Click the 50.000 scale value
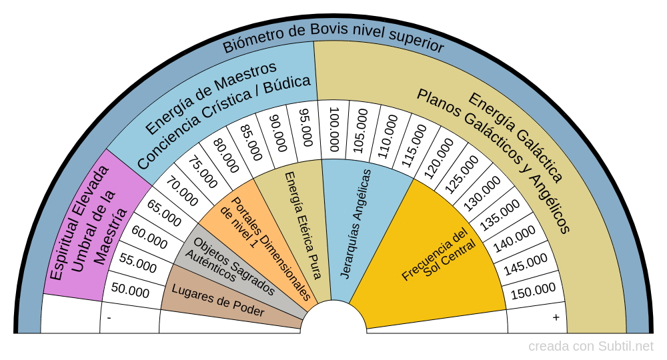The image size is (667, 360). tap(131, 291)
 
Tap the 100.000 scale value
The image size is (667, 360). tap(334, 130)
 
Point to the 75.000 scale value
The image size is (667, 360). tap(201, 173)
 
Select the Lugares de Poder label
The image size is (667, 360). tap(218, 301)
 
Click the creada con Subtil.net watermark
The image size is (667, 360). tap(591, 346)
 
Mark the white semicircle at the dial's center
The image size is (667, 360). tap(333, 319)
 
